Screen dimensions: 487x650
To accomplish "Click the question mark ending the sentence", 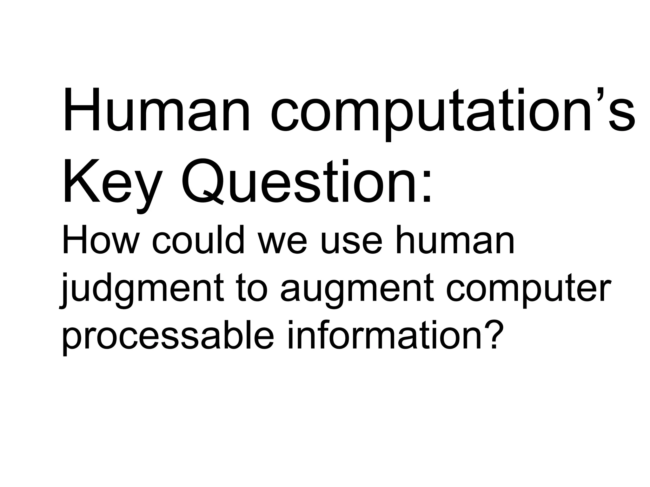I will point(494,333).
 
